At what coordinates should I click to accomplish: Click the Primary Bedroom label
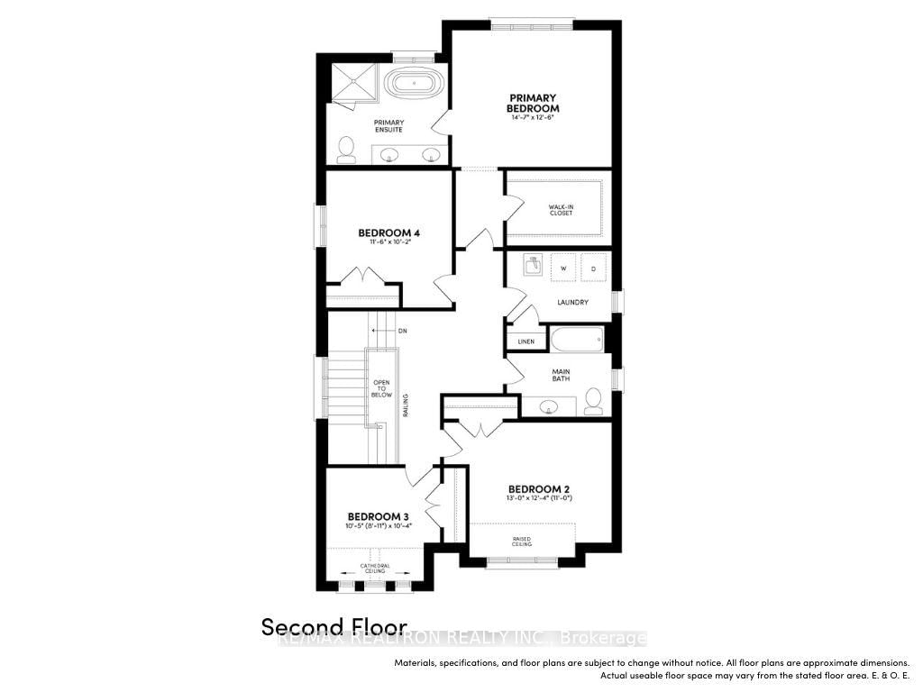click(x=534, y=103)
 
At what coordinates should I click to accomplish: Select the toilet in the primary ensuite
click(x=346, y=150)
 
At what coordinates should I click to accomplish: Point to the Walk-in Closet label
click(x=561, y=210)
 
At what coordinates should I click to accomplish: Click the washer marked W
click(x=564, y=268)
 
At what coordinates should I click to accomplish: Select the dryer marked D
click(x=594, y=268)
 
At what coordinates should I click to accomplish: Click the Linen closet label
click(x=526, y=341)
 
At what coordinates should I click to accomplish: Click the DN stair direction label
click(x=402, y=331)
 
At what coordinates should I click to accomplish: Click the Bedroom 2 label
click(x=538, y=489)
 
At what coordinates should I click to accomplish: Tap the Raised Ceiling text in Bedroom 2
click(x=523, y=542)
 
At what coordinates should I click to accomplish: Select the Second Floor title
click(x=334, y=626)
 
